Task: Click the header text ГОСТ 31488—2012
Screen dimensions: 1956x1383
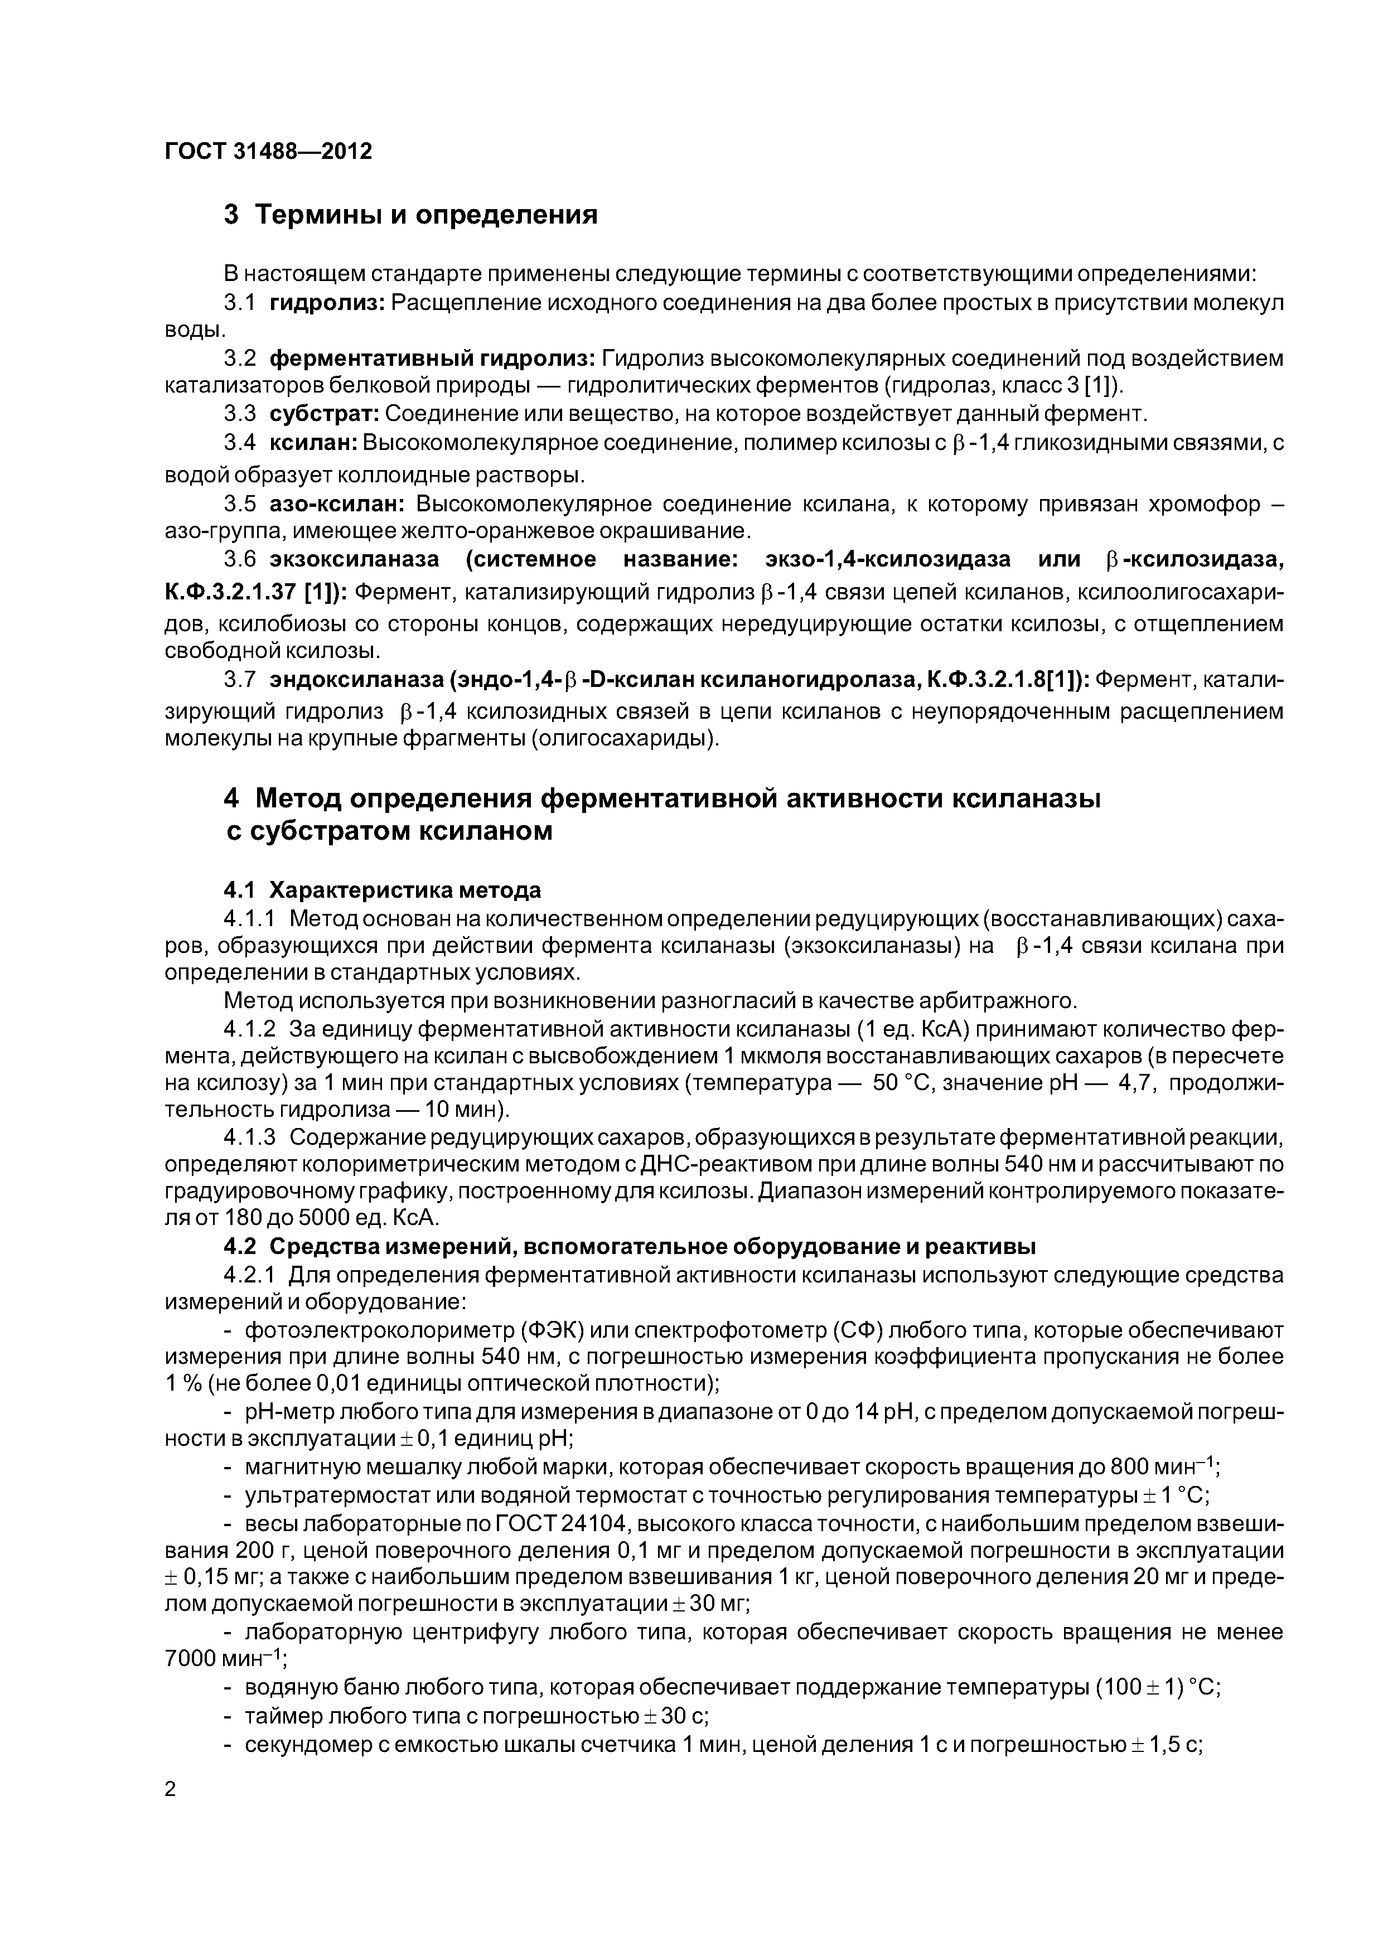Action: pyautogui.click(x=268, y=152)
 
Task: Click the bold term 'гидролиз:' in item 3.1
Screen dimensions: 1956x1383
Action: pyautogui.click(x=328, y=303)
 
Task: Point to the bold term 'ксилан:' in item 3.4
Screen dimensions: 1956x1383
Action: pyautogui.click(x=315, y=443)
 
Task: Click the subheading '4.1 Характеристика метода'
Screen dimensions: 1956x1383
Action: pyautogui.click(x=382, y=891)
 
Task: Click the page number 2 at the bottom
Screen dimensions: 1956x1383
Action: pyautogui.click(x=170, y=1790)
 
